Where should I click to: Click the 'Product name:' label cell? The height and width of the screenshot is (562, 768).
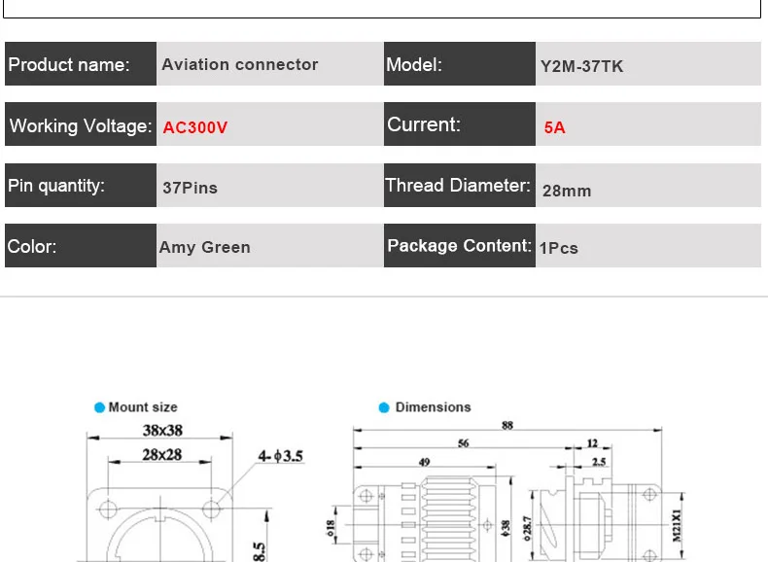[x=81, y=64]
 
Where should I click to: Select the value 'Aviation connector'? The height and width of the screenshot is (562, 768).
[x=240, y=64]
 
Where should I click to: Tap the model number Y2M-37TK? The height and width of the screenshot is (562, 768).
[x=582, y=66]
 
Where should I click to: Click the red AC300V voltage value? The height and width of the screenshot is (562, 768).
[x=195, y=127]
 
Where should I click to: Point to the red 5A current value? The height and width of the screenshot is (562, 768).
[x=554, y=127]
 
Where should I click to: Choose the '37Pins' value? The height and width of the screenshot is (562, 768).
[x=190, y=188]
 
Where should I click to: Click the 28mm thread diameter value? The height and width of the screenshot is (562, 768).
[x=567, y=191]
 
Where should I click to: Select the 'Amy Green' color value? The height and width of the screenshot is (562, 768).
[x=205, y=247]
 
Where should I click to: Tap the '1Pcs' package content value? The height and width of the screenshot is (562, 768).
[x=559, y=248]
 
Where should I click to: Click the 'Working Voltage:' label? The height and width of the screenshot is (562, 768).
[x=81, y=126]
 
